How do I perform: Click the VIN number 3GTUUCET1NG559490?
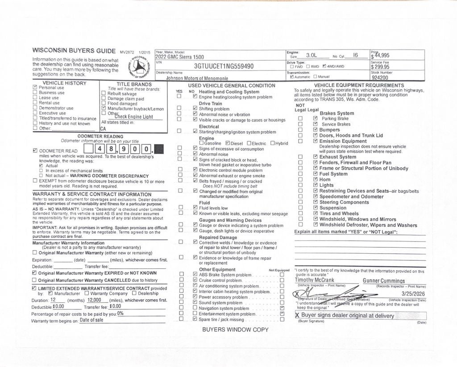(224, 66)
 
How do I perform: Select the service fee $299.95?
(380, 67)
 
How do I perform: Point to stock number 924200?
(380, 77)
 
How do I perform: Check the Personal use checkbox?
(35, 88)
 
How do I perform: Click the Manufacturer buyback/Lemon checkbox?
(104, 108)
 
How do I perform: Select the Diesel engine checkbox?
(228, 143)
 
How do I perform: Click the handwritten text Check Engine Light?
(133, 117)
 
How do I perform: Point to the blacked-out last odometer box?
(158, 149)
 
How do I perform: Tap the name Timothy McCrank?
(315, 280)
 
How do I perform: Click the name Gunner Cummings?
(384, 281)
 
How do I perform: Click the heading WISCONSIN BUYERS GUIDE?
(75, 50)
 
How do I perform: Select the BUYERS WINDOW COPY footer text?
(235, 329)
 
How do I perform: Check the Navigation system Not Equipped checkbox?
(282, 308)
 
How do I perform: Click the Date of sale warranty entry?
(91, 320)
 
